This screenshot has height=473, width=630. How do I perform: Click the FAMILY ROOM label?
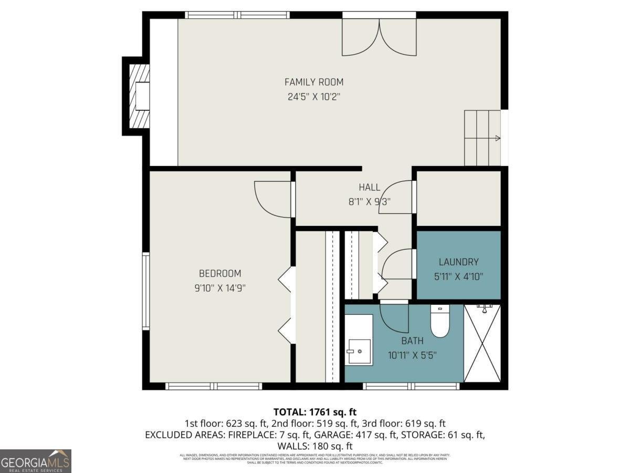(x=314, y=82)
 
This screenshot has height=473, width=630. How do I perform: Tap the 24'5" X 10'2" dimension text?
(x=314, y=97)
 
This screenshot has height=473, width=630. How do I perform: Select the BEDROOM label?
(x=220, y=273)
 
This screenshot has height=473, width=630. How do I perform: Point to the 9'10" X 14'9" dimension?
(x=220, y=288)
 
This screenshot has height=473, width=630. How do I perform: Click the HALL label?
(x=370, y=188)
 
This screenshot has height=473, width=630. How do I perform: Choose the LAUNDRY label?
(x=458, y=262)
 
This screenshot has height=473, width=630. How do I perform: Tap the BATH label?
(x=412, y=341)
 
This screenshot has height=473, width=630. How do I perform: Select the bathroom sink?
(x=359, y=351)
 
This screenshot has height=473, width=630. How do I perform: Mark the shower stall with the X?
(x=482, y=343)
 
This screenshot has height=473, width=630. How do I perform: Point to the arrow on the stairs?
(x=497, y=139)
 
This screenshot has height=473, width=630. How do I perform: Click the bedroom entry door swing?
(x=272, y=199)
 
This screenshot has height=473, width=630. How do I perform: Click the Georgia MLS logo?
(x=35, y=461)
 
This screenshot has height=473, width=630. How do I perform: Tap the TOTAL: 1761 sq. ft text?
(x=315, y=412)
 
